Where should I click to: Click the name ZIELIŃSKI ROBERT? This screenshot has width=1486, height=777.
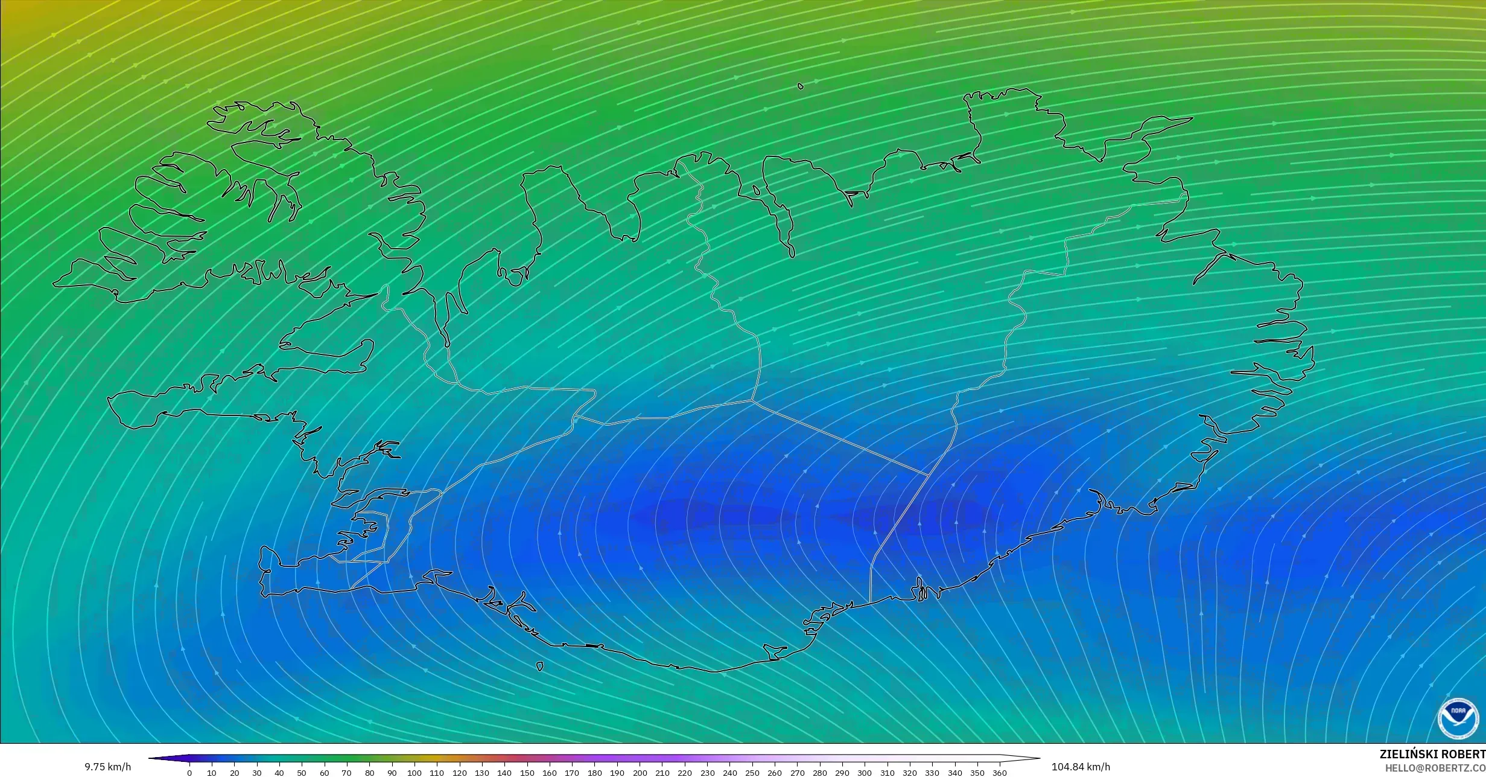(x=1432, y=755)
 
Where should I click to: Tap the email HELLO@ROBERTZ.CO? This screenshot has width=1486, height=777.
(x=1435, y=768)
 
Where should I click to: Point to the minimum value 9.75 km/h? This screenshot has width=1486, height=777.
(x=107, y=767)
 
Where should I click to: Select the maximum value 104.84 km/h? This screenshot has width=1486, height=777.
(x=1081, y=767)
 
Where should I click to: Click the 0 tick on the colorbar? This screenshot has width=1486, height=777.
(x=189, y=773)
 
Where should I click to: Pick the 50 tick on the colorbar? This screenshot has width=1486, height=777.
(x=302, y=773)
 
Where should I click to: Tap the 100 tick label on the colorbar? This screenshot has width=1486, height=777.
(x=414, y=773)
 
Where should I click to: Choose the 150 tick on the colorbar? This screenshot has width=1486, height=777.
(x=527, y=773)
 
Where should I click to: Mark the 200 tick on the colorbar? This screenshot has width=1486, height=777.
(x=640, y=773)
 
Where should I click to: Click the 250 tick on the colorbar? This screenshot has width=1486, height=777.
(x=752, y=773)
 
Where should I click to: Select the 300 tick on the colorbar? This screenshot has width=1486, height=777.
(x=865, y=773)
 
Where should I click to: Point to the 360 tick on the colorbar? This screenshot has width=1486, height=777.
(x=1000, y=773)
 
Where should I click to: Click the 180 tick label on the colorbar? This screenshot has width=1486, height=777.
(x=594, y=773)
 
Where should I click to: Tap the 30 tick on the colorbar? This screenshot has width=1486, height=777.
(x=257, y=773)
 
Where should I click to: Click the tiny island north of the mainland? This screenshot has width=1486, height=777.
(x=801, y=86)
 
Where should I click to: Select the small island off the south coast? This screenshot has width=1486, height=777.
(x=539, y=667)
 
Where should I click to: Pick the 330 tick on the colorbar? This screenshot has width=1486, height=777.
(x=932, y=773)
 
